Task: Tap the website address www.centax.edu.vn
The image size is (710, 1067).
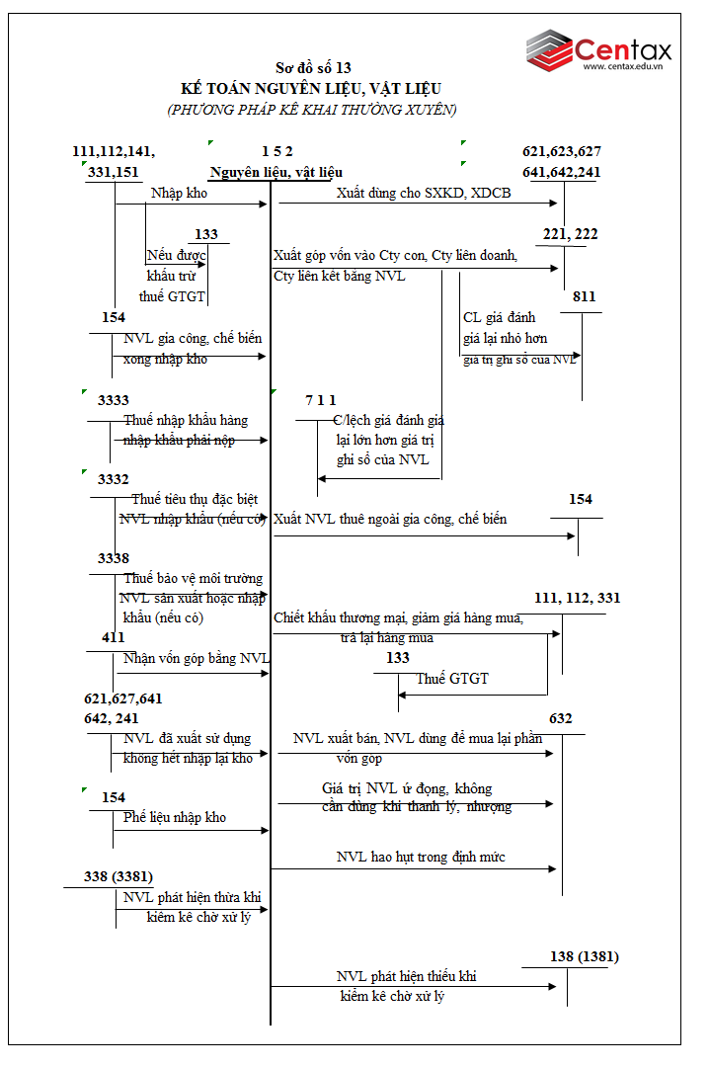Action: point(621,67)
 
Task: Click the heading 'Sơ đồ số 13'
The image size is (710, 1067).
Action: point(313,68)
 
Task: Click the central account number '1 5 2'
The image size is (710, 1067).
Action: point(276,151)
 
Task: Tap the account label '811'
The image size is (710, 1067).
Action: point(584,296)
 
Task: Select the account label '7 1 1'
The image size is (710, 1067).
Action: point(321,400)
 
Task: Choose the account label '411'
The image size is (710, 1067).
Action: point(114,637)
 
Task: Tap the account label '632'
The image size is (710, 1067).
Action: point(561,718)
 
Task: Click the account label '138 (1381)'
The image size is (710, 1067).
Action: point(585,955)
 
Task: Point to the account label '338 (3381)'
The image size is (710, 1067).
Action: point(118,875)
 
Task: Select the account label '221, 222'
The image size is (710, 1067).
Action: point(570,234)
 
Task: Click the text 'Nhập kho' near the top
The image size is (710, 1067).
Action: point(179,193)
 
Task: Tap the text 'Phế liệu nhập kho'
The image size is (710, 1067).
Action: point(175,817)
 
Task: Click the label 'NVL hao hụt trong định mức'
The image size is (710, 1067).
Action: point(421,857)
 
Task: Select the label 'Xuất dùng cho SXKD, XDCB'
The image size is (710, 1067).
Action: point(424,193)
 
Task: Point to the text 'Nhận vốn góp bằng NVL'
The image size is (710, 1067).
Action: point(197,659)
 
